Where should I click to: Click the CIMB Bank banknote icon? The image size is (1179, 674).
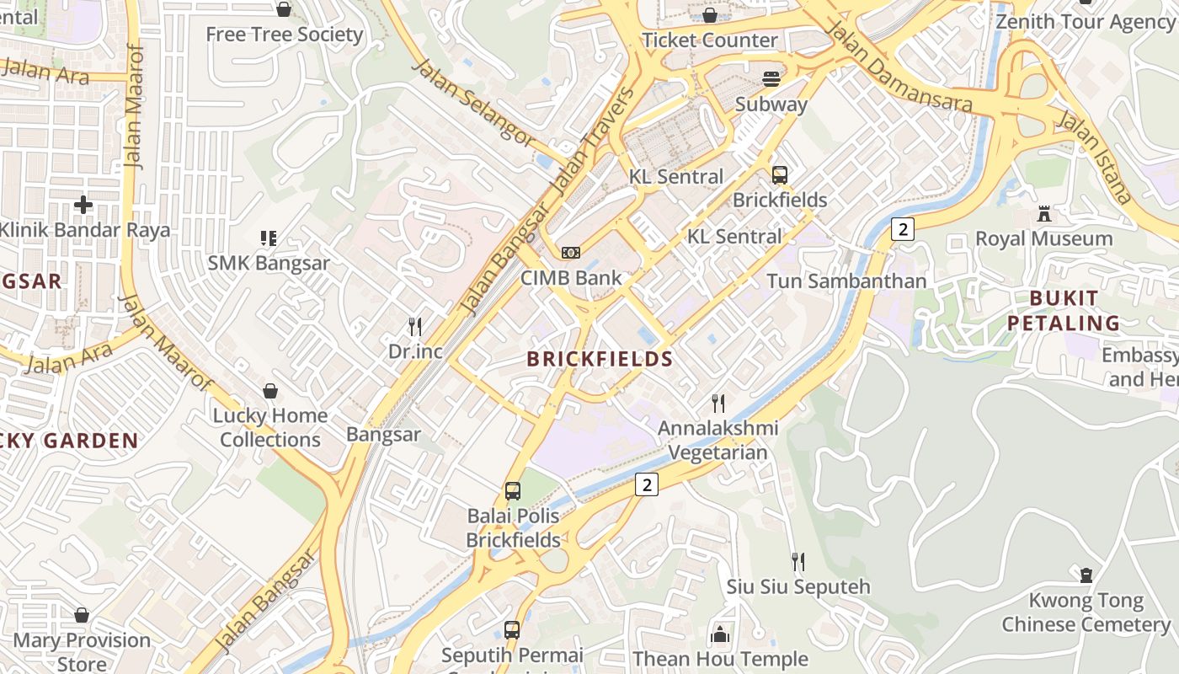coord(571,253)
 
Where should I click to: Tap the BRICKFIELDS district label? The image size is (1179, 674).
coord(600,359)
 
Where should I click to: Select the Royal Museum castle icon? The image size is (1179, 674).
coord(1044,214)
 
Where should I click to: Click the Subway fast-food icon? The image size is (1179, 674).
coord(771,79)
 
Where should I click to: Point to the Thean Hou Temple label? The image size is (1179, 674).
coord(720,659)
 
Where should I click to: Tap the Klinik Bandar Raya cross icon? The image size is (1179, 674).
coord(83,204)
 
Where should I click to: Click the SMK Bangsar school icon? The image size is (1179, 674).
coord(269,238)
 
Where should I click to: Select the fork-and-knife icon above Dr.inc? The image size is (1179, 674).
coord(414,326)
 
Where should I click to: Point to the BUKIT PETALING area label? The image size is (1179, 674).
coord(1064,310)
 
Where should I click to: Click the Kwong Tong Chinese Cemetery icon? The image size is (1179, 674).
coord(1086,575)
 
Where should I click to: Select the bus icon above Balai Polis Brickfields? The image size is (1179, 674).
coord(512,490)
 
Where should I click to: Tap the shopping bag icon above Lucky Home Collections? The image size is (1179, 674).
coord(270,391)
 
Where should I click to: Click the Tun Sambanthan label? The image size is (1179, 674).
coord(846,281)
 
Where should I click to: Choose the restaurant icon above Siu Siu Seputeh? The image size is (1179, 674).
coord(798,561)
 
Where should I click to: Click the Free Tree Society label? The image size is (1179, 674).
coord(285,35)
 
